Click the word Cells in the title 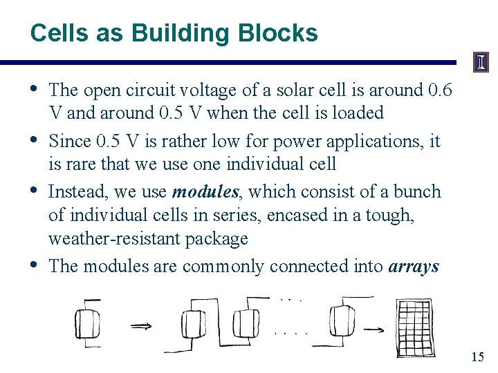(55, 32)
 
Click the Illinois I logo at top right (481, 63)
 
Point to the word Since (71, 142)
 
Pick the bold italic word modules (201, 191)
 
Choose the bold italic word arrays (414, 266)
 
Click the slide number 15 (477, 357)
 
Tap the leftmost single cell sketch (88, 323)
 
